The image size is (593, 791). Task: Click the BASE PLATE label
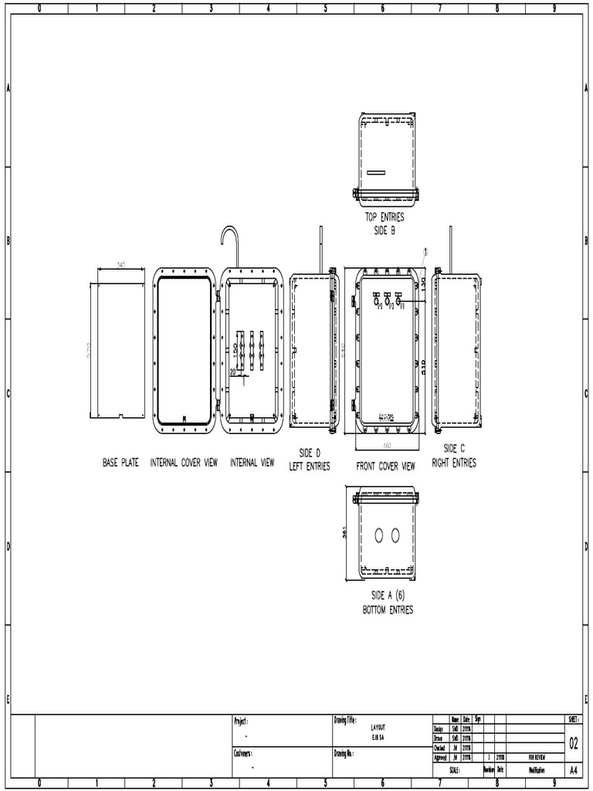[x=120, y=463]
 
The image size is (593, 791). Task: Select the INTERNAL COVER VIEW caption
[x=184, y=463]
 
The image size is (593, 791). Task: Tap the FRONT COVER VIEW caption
[x=385, y=467]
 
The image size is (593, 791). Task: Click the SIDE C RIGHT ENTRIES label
[x=454, y=456]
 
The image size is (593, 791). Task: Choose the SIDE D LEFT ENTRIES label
[x=310, y=460]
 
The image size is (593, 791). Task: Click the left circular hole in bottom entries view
[x=379, y=535]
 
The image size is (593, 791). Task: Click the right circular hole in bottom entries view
[x=395, y=535]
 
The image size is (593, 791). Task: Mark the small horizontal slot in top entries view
[x=379, y=171]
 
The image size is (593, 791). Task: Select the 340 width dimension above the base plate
[x=121, y=265]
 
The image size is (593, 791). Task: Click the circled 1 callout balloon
[x=425, y=252]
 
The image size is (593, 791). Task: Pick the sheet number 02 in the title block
[x=574, y=744]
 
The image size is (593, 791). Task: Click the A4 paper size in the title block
[x=574, y=770]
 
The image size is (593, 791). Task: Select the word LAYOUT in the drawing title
[x=378, y=728]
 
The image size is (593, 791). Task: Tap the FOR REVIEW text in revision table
[x=536, y=758]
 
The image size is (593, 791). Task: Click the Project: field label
[x=242, y=721]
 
